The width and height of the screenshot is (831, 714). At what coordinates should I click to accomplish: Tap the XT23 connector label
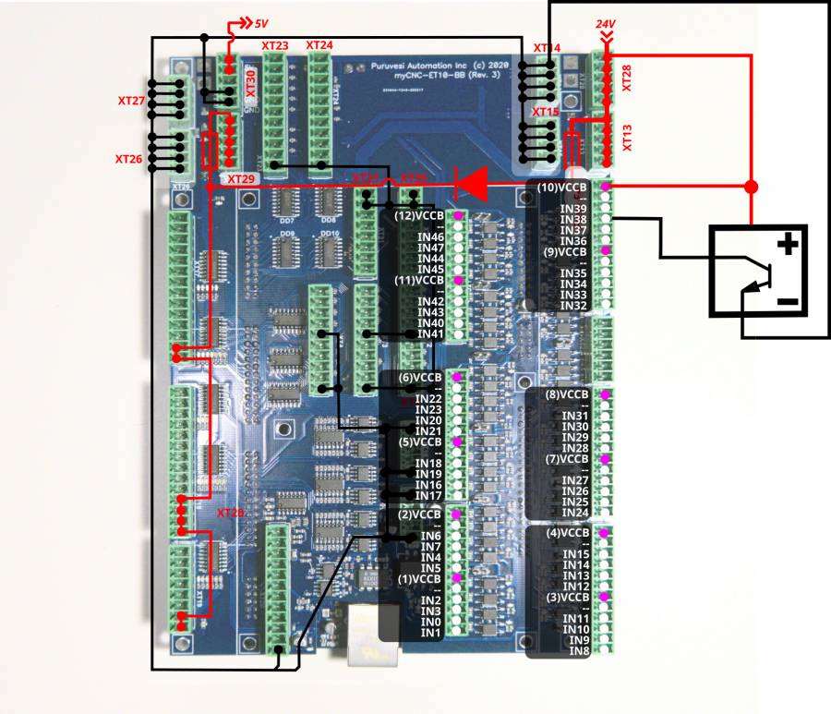275,45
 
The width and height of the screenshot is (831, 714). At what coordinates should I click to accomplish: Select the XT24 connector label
319,45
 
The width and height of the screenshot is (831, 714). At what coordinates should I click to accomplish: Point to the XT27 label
130,100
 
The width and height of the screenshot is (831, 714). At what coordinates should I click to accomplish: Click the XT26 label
128,159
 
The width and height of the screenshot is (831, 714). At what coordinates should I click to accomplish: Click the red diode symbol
472,184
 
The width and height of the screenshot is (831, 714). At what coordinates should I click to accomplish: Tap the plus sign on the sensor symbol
788,245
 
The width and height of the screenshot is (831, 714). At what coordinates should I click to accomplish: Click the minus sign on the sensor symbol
787,302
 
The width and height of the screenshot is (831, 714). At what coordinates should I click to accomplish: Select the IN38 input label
573,220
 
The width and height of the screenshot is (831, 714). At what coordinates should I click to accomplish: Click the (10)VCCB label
563,188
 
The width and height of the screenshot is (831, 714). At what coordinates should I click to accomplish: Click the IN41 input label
431,333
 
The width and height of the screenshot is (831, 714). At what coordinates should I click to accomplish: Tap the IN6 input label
430,536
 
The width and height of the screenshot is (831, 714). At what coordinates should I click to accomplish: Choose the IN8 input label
579,651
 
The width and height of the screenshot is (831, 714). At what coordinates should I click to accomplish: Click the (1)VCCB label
419,579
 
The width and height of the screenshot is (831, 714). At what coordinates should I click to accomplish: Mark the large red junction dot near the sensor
751,188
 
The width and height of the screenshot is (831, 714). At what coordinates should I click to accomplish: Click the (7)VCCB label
563,458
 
